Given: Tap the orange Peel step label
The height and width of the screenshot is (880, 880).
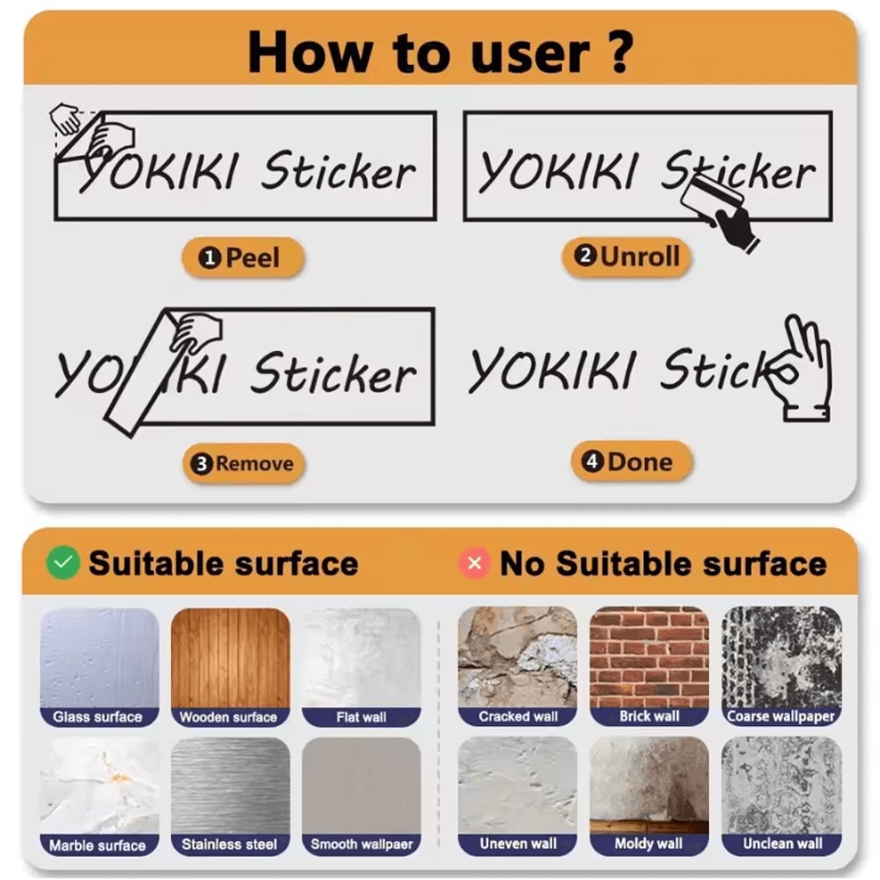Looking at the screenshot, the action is [x=243, y=258].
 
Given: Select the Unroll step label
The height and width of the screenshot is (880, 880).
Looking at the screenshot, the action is [x=626, y=256].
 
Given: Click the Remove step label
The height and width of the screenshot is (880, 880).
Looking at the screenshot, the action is [x=243, y=464].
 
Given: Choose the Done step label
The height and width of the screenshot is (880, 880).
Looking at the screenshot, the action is [x=631, y=462].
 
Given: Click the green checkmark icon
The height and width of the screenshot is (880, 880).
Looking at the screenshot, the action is [x=62, y=562].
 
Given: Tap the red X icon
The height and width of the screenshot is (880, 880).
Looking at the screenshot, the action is [x=474, y=563].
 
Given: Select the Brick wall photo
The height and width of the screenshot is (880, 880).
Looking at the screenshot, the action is [x=649, y=657].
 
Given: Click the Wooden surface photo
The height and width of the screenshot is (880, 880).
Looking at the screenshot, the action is [x=230, y=658].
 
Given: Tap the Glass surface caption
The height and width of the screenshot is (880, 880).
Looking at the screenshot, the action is [x=98, y=716].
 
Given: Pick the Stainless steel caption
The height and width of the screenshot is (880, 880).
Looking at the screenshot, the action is [x=230, y=844].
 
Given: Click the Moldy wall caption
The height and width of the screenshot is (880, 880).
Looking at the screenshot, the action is [x=649, y=844].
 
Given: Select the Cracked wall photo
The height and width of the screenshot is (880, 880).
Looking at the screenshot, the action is [x=517, y=657].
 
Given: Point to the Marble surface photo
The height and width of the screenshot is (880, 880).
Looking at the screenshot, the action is [x=99, y=786].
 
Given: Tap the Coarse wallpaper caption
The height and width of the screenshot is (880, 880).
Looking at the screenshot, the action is [x=781, y=716].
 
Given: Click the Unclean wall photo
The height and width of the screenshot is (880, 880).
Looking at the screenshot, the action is [x=781, y=786].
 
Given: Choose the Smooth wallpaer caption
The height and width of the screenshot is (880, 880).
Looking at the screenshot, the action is [x=362, y=844].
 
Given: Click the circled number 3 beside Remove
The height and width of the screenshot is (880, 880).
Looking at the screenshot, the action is [x=202, y=464].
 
